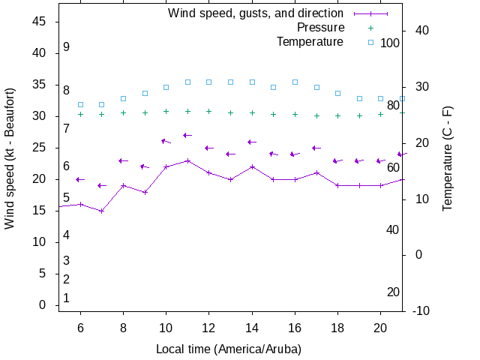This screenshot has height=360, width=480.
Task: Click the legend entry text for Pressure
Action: pos(320,28)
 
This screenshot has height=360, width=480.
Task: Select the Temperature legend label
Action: pos(310,42)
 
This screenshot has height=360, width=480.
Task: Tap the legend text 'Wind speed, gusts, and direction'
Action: pos(255,13)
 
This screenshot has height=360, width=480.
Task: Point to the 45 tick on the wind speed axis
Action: pos(40,22)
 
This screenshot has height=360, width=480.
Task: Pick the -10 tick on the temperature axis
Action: pos(421,310)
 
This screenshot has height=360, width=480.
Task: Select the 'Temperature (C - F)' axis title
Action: pos(448,158)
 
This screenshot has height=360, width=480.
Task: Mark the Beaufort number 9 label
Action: pos(66,46)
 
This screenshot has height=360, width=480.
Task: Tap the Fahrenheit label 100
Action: pos(390,43)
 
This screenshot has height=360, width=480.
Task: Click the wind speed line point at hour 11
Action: pos(187,160)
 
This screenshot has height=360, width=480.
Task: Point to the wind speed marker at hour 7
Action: pos(102,211)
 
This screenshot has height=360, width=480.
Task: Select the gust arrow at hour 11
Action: pos(187,135)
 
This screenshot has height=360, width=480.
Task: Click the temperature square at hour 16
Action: pos(295,82)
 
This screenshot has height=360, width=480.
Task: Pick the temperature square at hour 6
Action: pos(80,104)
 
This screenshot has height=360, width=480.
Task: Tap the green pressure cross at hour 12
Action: pos(209,111)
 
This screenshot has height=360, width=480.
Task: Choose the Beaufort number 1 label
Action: pos(66,298)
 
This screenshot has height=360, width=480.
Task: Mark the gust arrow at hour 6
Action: pos(80,179)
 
